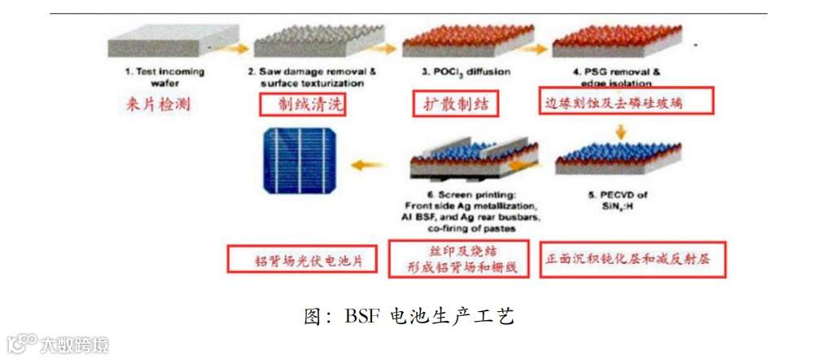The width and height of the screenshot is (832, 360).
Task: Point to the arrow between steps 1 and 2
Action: click(x=235, y=49)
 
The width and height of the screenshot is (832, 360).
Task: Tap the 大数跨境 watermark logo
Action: click(x=57, y=344)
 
